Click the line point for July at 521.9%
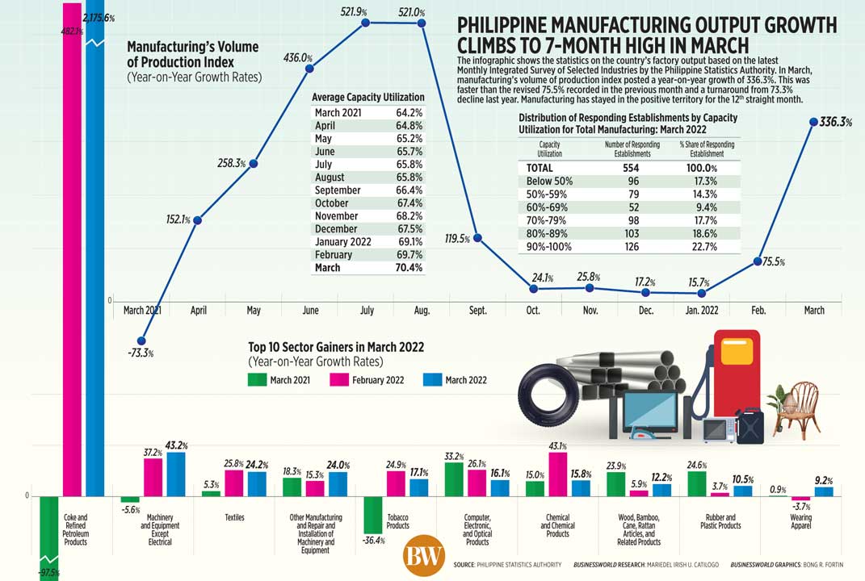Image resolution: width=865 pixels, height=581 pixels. click(365, 23)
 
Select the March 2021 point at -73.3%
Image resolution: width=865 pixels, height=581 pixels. click(142, 341)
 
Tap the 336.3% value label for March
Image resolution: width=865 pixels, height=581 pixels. click(835, 123)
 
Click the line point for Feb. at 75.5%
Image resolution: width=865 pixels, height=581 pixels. click(758, 261)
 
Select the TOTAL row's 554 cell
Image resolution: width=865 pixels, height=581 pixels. click(632, 168)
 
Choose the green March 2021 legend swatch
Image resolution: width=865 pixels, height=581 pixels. click(258, 379)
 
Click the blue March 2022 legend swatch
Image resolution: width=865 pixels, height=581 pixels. click(432, 379)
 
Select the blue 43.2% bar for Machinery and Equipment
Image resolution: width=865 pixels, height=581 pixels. click(174, 474)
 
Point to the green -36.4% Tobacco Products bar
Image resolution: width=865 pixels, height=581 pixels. click(372, 514)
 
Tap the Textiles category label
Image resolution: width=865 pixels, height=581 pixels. click(234, 517)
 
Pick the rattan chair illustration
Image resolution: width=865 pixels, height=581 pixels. click(798, 408)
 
